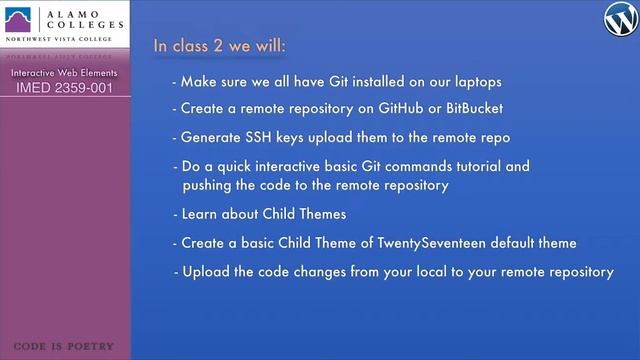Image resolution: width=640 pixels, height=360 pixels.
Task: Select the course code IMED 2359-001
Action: click(x=64, y=88)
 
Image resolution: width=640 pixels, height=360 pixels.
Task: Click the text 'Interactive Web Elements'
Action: click(x=64, y=73)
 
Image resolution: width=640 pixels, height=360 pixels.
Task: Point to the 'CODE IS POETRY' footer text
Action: click(x=64, y=347)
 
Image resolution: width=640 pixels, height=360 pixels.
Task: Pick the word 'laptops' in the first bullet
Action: click(x=478, y=81)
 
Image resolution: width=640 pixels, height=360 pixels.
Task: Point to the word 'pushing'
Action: click(x=207, y=185)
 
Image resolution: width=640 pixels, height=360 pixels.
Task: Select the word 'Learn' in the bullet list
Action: click(x=200, y=214)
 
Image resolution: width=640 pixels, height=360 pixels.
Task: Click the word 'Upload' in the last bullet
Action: click(x=204, y=271)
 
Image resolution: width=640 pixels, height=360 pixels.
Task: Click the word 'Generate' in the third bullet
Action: click(x=210, y=136)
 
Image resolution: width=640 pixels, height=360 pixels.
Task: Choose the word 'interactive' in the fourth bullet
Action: click(x=284, y=166)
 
